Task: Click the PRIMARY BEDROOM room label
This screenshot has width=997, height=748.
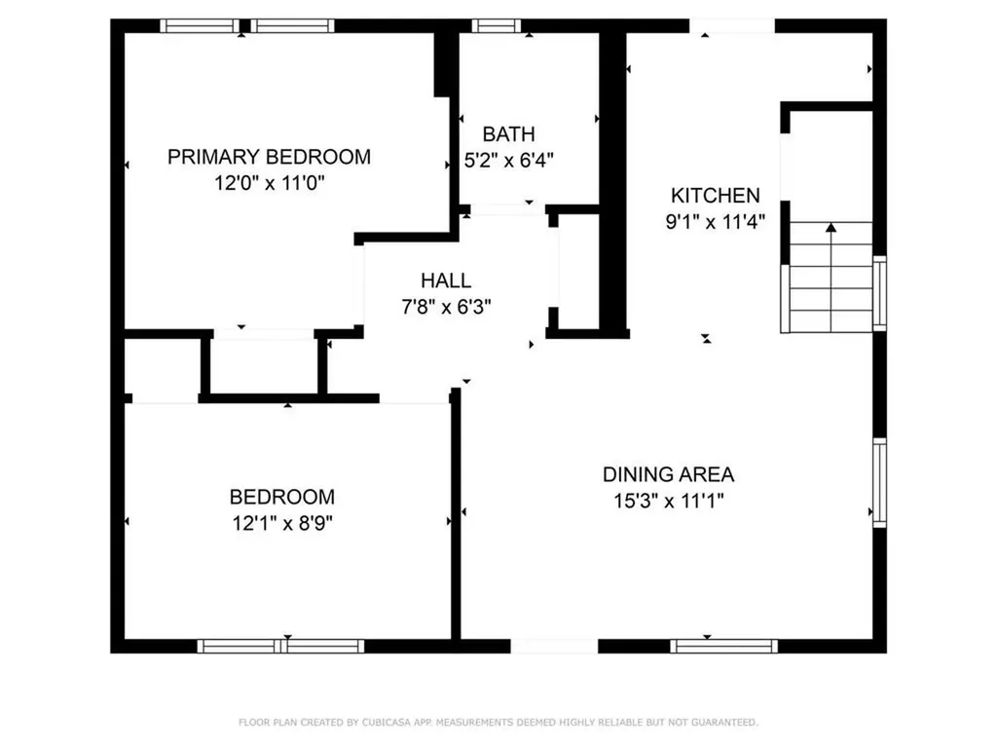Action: pos(269,157)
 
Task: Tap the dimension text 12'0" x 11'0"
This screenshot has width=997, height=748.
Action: pos(269,183)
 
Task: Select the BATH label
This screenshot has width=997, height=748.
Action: pos(508,134)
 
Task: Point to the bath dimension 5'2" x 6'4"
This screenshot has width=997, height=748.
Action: pos(508,161)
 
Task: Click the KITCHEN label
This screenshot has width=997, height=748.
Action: pos(714,195)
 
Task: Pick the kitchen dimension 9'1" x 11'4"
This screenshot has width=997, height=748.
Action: pos(714,221)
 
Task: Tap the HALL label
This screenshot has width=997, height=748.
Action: pos(446,280)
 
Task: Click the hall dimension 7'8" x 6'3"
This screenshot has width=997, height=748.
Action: pos(446,307)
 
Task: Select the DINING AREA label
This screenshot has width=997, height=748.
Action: pos(668,475)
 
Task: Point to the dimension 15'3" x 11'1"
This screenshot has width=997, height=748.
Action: pos(668,502)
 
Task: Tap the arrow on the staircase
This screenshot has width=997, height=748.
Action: pos(831,229)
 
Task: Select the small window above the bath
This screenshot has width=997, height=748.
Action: pos(498,26)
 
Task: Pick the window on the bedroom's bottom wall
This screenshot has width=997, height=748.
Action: pos(280,645)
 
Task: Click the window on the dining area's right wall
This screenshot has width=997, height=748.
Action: pos(879,482)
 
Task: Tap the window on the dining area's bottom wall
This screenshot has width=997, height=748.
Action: pos(724,645)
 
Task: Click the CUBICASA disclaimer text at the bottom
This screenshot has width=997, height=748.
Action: pos(498,723)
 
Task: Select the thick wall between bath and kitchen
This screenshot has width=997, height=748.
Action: pos(612,180)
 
